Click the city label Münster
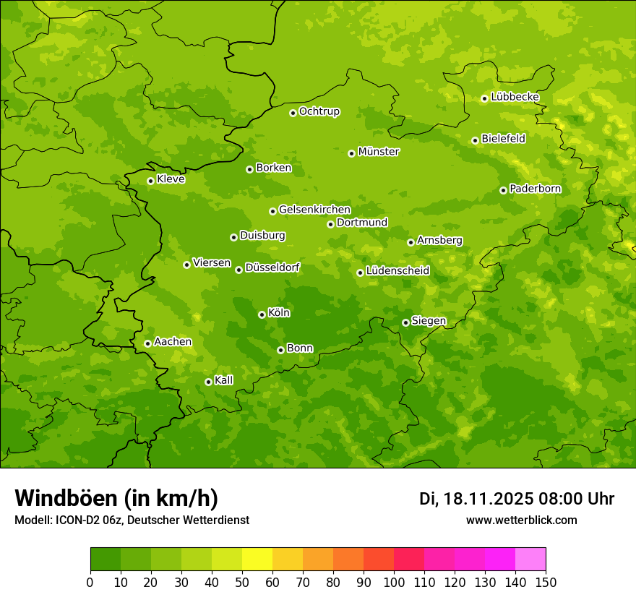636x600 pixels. (x=379, y=152)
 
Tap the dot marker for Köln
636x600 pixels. (x=262, y=314)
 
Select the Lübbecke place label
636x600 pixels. (x=515, y=97)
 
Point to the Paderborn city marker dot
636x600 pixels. (x=504, y=190)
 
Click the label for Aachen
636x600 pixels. (x=173, y=342)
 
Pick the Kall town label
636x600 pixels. (x=224, y=380)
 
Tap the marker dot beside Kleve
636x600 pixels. (x=150, y=181)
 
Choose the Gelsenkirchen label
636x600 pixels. (x=314, y=210)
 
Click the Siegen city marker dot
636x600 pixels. (x=405, y=322)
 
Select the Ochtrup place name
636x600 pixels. (x=319, y=111)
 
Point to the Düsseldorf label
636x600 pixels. (x=272, y=267)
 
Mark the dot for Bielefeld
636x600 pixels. (x=475, y=140)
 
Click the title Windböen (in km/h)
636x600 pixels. (x=116, y=498)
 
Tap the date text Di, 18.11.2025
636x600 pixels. (x=475, y=499)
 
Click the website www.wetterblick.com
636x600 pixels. (x=522, y=520)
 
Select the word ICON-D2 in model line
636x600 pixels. (x=78, y=520)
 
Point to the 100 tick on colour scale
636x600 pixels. (x=394, y=582)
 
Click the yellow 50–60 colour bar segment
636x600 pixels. (x=257, y=560)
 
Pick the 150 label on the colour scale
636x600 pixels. (x=546, y=582)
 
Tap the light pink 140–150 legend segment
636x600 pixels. (x=530, y=560)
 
